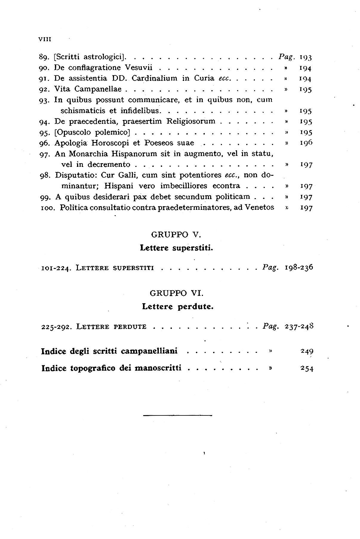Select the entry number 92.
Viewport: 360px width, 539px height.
[x=45, y=89]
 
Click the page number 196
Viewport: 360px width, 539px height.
[x=306, y=143]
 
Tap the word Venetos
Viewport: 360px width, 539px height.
[x=259, y=207]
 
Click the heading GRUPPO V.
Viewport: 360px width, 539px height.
[x=175, y=235]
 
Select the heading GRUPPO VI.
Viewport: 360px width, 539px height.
[x=176, y=293]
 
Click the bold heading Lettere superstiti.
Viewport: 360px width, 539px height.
[x=176, y=248]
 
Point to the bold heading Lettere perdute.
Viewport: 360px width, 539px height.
[x=178, y=307]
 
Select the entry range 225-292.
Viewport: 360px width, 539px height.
[x=56, y=327]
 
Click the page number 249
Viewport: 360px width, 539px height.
[x=307, y=351]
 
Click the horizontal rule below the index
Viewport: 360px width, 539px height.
[x=177, y=415]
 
